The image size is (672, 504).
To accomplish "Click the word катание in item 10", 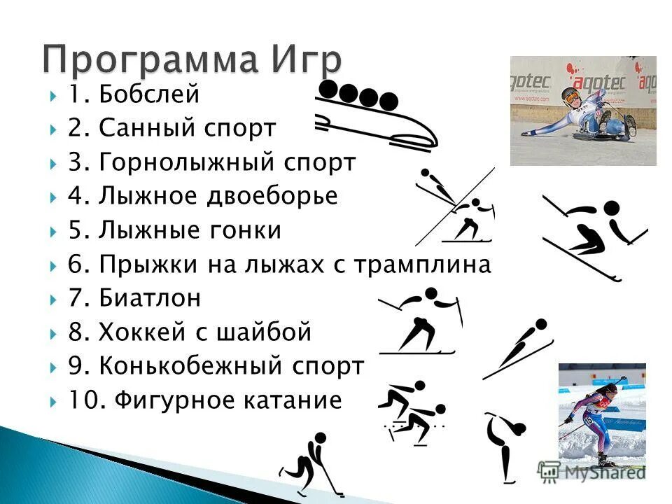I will pyautogui.click(x=293, y=400).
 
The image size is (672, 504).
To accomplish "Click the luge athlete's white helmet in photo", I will pyautogui.click(x=570, y=95).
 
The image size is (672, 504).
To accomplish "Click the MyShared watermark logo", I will pyautogui.click(x=591, y=471).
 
